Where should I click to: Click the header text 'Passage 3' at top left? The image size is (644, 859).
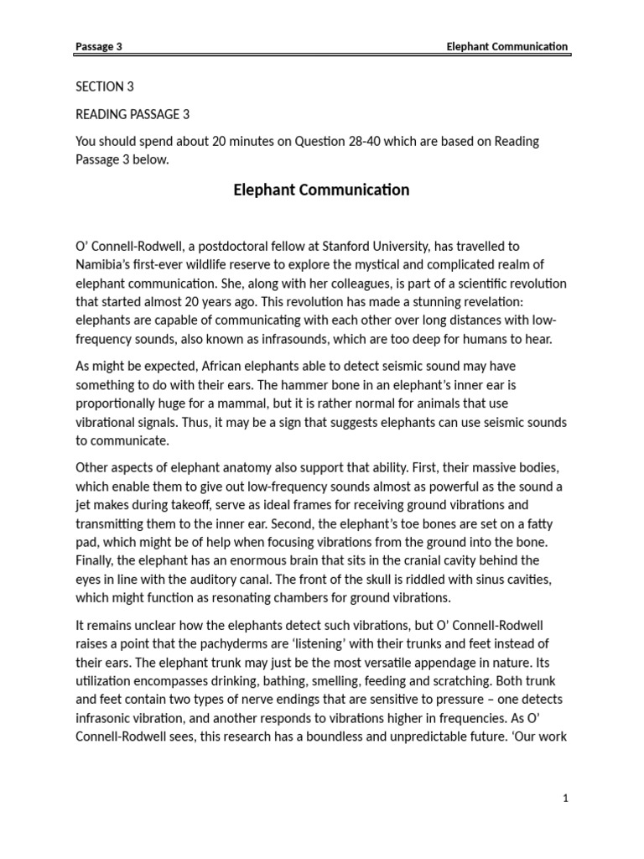tap(99, 47)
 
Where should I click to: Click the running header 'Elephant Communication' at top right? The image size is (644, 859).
tap(507, 47)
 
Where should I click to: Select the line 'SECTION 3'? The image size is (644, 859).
tap(105, 86)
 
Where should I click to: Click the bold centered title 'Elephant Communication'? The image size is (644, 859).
tap(321, 190)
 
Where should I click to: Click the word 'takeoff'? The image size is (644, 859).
tap(200, 505)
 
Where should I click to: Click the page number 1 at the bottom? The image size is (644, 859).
tap(566, 799)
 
